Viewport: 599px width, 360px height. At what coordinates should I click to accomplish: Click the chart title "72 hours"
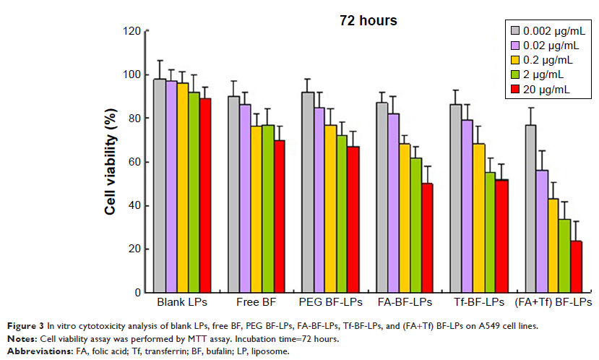(x=369, y=21)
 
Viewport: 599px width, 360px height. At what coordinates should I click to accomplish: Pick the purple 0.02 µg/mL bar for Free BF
(x=245, y=199)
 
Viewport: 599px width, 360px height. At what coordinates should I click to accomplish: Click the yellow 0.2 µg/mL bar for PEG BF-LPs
(x=330, y=209)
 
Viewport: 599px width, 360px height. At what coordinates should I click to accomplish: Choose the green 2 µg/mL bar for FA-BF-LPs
(x=416, y=225)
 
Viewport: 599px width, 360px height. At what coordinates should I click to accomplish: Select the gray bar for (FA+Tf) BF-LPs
(x=530, y=209)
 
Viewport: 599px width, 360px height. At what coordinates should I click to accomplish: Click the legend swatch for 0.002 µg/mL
(x=516, y=30)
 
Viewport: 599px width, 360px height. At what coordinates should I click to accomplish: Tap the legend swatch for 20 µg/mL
(x=516, y=89)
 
